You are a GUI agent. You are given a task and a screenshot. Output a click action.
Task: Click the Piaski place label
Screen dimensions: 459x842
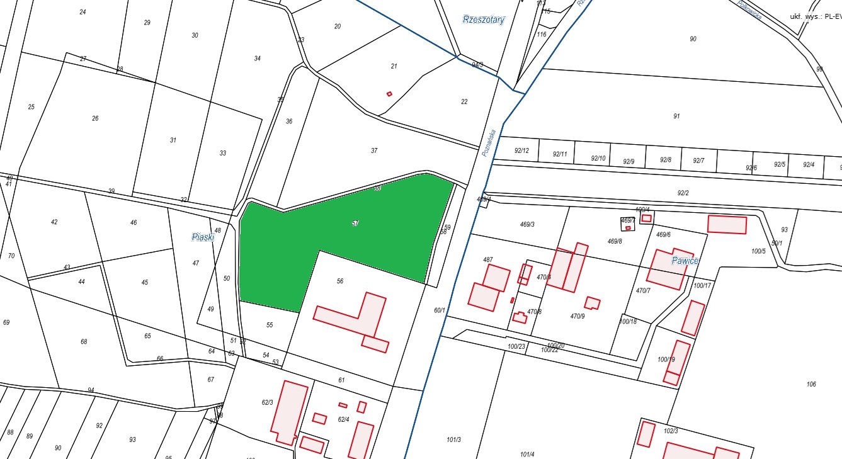pyautogui.click(x=203, y=237)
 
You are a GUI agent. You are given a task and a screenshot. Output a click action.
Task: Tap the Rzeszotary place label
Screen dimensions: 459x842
pyautogui.click(x=484, y=20)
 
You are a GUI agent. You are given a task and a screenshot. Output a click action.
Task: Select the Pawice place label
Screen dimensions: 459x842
pyautogui.click(x=685, y=260)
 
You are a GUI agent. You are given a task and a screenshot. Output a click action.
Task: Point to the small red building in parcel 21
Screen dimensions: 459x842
pyautogui.click(x=389, y=94)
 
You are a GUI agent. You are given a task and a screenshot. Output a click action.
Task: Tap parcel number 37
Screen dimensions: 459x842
pyautogui.click(x=374, y=150)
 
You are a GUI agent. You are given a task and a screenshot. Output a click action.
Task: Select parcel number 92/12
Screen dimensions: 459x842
pyautogui.click(x=521, y=150)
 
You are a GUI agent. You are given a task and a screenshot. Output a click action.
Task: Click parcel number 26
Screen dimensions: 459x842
pyautogui.click(x=95, y=118)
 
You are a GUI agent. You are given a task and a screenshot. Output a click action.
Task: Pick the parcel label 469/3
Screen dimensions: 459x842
pyautogui.click(x=527, y=224)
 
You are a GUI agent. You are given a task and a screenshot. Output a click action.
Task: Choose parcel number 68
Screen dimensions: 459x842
pyautogui.click(x=84, y=342)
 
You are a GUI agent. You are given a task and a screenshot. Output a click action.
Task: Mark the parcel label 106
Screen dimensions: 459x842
pyautogui.click(x=811, y=384)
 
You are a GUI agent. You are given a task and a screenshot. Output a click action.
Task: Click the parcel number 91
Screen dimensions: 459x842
pyautogui.click(x=676, y=116)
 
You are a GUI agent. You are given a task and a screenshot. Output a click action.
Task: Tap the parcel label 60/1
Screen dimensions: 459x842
pyautogui.click(x=439, y=310)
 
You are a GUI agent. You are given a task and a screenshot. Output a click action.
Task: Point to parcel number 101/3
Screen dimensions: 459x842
pyautogui.click(x=453, y=439)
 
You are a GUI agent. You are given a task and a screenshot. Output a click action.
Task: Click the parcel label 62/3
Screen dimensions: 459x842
pyautogui.click(x=267, y=402)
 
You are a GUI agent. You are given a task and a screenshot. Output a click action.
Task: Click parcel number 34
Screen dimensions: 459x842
pyautogui.click(x=257, y=59)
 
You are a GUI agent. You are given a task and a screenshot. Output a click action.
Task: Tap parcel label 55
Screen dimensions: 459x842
pyautogui.click(x=270, y=325)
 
